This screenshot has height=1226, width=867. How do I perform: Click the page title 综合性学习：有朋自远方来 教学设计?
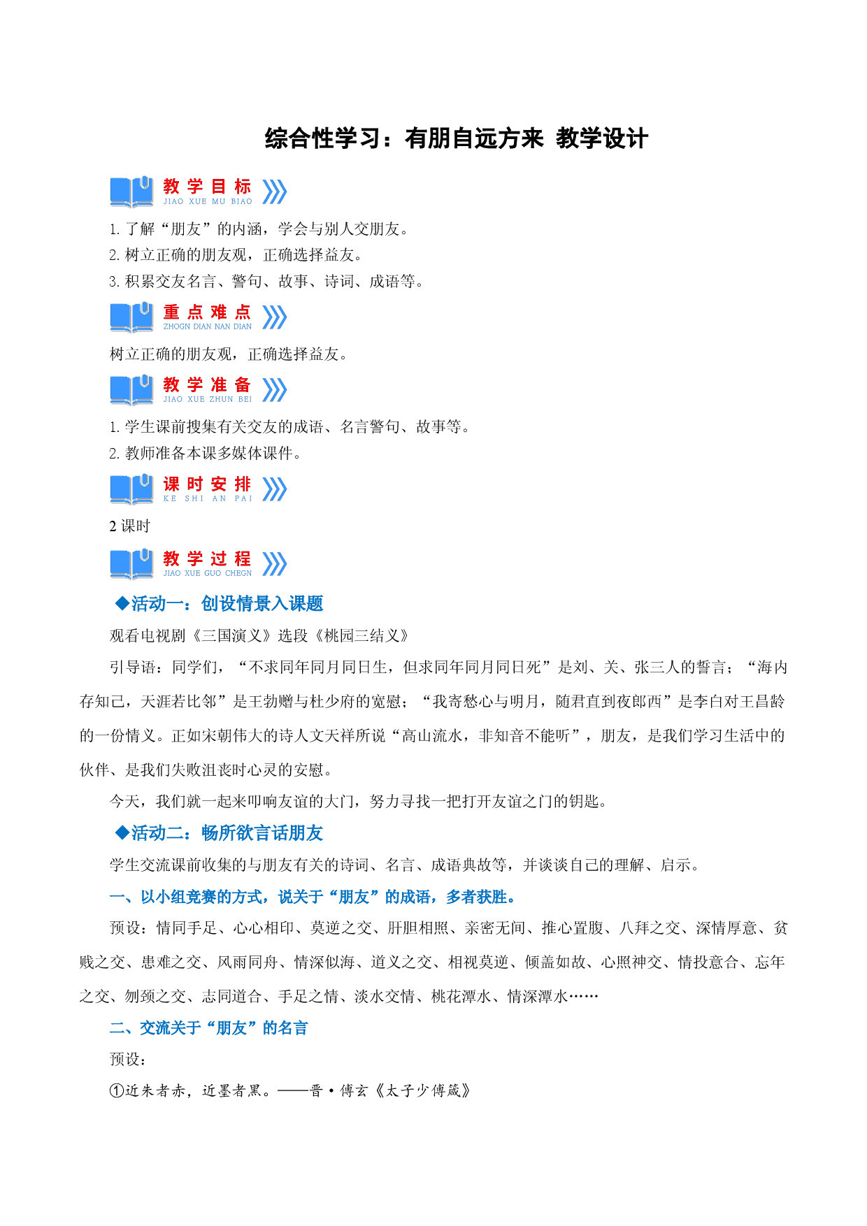[x=456, y=138]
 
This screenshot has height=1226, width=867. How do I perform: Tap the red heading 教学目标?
[x=207, y=187]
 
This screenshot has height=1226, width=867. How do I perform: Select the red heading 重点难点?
[x=207, y=312]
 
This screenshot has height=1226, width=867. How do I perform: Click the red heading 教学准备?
[x=207, y=384]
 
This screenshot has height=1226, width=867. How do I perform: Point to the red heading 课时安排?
[x=207, y=484]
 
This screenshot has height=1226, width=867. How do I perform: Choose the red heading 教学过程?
[x=207, y=558]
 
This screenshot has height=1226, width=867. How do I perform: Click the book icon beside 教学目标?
[x=131, y=192]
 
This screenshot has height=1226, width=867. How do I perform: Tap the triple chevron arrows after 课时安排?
[x=274, y=489]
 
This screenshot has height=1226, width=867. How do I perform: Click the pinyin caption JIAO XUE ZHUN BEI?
[x=208, y=399]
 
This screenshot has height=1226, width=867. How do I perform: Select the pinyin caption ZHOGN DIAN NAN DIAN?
[x=208, y=326]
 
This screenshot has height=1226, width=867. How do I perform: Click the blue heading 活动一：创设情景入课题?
[x=227, y=603]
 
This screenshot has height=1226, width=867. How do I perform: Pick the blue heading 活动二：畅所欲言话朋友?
[x=227, y=832]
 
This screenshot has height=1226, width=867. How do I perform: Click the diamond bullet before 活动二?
[x=122, y=832]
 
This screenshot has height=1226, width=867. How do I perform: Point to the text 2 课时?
[x=129, y=526]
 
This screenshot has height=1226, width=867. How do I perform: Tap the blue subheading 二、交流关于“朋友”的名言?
[x=208, y=1027]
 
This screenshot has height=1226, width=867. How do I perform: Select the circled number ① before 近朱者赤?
[x=117, y=1090]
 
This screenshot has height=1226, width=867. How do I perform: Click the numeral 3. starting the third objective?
[x=115, y=282]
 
